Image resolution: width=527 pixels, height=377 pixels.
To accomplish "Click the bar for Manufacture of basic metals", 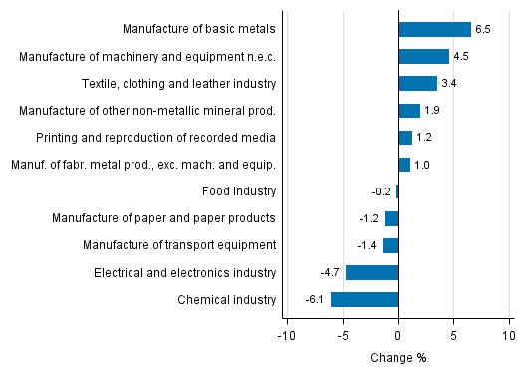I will click(x=434, y=29).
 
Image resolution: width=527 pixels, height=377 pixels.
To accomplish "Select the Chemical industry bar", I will click(x=365, y=299).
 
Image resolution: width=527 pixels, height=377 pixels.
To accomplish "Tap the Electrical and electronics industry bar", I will click(x=372, y=272).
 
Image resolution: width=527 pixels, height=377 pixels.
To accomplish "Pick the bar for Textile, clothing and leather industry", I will click(x=417, y=83).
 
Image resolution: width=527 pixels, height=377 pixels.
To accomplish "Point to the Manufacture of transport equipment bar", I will click(x=391, y=245).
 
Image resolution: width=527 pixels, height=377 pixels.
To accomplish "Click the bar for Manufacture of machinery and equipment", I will click(x=423, y=56).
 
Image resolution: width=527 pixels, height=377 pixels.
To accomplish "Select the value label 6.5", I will click(x=483, y=30).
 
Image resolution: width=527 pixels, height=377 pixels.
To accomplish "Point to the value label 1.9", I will click(x=433, y=111).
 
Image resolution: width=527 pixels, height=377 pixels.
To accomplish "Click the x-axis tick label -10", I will click(x=287, y=337).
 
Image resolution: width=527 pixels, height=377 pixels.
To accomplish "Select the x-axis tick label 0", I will click(x=398, y=337).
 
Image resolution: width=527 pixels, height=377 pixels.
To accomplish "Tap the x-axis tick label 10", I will click(x=508, y=337).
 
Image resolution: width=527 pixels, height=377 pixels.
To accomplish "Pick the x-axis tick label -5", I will click(x=343, y=337).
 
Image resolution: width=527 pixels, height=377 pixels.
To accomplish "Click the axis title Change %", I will click(x=398, y=358).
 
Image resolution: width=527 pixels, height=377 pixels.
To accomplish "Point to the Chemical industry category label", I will click(x=226, y=299).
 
